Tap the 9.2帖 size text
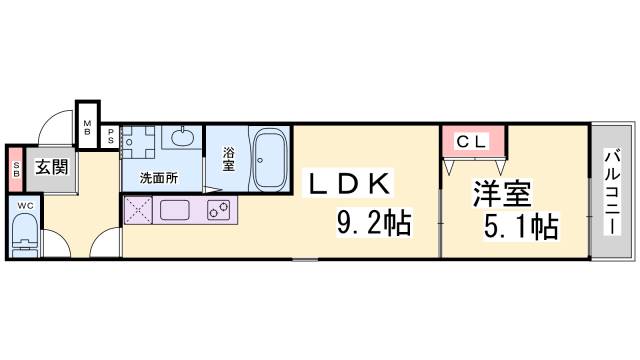(371, 223)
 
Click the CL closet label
(472, 142)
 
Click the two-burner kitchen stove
(219, 210)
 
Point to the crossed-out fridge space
(137, 211)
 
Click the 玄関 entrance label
(51, 166)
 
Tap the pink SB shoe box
(16, 167)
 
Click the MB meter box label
(88, 128)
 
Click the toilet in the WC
(23, 237)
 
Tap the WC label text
(24, 204)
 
